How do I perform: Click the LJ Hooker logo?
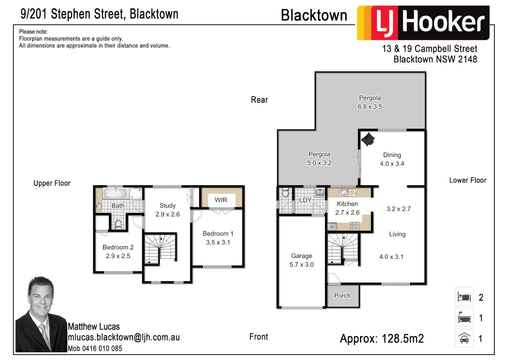click(423, 23)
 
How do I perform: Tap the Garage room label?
click(301, 256)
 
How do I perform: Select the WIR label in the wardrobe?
click(221, 200)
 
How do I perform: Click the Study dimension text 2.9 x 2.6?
click(168, 214)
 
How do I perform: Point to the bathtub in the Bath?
click(115, 193)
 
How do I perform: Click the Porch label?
click(342, 296)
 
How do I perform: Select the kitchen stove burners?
click(354, 227)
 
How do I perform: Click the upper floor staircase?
click(160, 248)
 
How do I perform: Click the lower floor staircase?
click(343, 248)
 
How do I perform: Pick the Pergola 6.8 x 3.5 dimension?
click(370, 107)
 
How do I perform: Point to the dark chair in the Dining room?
click(368, 139)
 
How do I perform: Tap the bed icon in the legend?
click(464, 297)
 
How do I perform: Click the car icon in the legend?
click(464, 338)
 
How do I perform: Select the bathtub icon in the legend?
click(464, 318)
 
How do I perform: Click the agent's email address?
click(124, 337)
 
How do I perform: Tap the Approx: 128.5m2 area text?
click(382, 339)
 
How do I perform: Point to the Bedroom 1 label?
click(218, 234)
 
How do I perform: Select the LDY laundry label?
click(305, 200)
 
